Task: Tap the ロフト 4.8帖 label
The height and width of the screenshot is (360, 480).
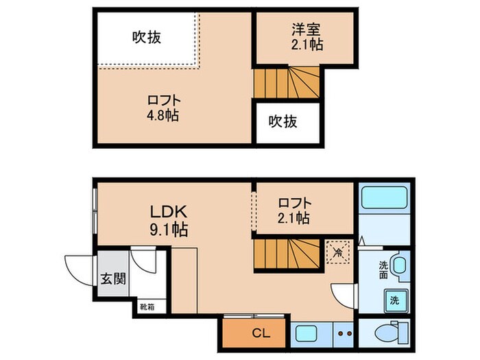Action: pyautogui.click(x=162, y=107)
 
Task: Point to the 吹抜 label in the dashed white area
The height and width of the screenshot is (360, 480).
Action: pyautogui.click(x=146, y=37)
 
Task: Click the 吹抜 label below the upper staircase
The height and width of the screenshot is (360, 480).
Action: pyautogui.click(x=283, y=122)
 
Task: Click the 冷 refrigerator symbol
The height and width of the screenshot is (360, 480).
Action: pyautogui.click(x=338, y=252)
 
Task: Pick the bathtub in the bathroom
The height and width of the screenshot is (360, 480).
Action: pyautogui.click(x=385, y=199)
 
